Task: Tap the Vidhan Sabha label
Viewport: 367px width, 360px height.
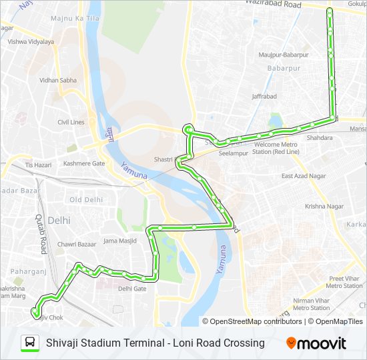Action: pos(58,80)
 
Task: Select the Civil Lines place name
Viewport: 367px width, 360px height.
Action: pos(71,122)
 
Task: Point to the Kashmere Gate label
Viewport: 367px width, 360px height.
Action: pos(84,163)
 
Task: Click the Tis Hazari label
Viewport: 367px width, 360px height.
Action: pos(38,164)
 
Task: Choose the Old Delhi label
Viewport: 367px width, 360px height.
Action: pos(86,199)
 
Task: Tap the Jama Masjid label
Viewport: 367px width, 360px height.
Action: pos(120,240)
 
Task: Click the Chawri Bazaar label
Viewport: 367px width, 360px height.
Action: pos(75,245)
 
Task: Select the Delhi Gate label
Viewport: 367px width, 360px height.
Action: pos(131,289)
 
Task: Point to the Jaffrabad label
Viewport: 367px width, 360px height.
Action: pos(264,96)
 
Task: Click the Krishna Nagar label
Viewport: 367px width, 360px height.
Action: pos(324,206)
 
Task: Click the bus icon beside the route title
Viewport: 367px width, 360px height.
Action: pos(30,343)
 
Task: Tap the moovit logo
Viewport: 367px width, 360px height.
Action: pos(316,343)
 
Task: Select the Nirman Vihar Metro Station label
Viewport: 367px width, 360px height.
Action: pos(312,304)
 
